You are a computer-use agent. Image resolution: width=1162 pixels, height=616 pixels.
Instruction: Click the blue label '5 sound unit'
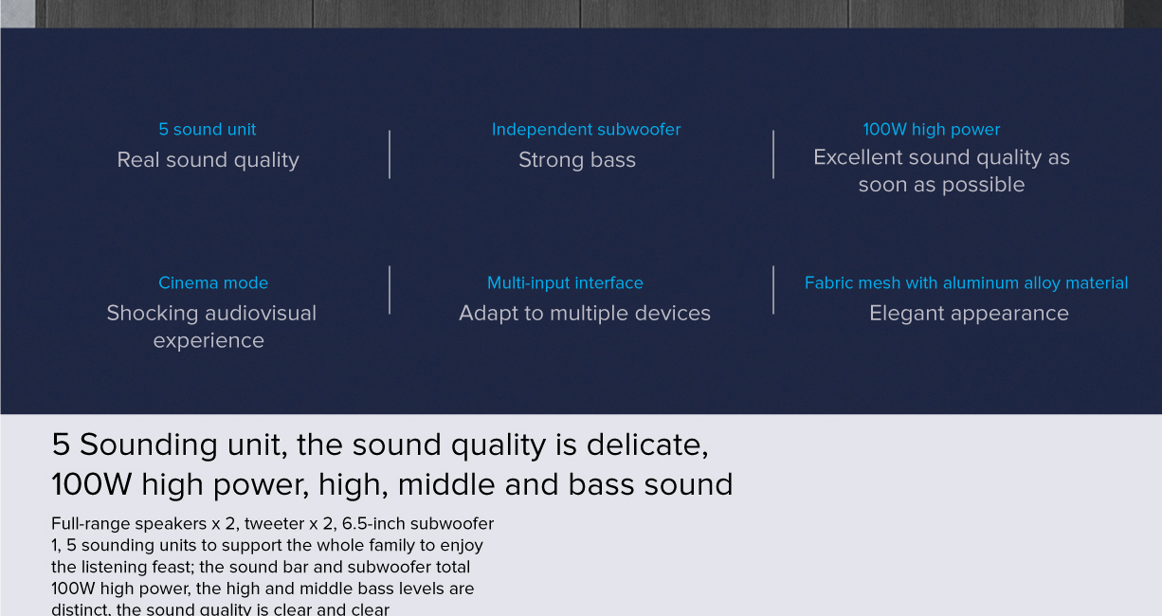pyautogui.click(x=207, y=130)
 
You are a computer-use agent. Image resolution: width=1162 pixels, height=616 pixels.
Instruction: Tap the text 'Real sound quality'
pyautogui.click(x=208, y=160)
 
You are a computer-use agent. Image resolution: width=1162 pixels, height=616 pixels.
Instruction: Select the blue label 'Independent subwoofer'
pyautogui.click(x=586, y=130)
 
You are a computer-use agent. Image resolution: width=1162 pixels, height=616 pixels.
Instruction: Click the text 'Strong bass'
pyautogui.click(x=576, y=160)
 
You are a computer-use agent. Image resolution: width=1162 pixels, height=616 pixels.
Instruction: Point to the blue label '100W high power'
pyautogui.click(x=931, y=130)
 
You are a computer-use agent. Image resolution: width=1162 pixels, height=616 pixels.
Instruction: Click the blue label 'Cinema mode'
pyautogui.click(x=212, y=283)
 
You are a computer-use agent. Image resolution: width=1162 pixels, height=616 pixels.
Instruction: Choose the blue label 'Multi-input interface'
pyautogui.click(x=565, y=283)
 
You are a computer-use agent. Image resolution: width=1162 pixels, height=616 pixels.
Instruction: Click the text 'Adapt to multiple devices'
pyautogui.click(x=584, y=314)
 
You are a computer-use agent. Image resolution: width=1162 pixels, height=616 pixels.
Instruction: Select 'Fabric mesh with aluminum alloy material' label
pyautogui.click(x=966, y=283)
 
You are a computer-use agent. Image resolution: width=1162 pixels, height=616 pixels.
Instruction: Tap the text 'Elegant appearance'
pyautogui.click(x=968, y=314)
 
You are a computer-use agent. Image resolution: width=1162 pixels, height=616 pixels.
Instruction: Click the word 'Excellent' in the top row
pyautogui.click(x=859, y=158)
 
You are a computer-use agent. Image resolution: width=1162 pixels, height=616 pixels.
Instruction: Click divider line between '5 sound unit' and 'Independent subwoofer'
pyautogui.click(x=390, y=154)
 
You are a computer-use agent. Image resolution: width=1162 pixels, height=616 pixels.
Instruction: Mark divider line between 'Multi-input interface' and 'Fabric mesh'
pyautogui.click(x=773, y=290)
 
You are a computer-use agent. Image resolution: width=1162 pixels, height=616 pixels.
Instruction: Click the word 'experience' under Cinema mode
pyautogui.click(x=209, y=341)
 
